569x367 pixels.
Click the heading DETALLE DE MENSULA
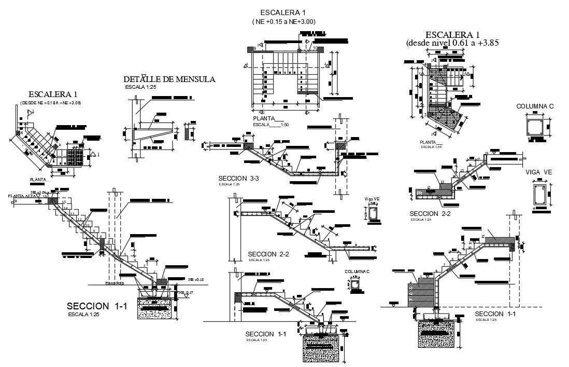[169, 79]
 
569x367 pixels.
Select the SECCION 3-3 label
[238, 179]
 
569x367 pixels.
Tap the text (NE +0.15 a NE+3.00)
[283, 22]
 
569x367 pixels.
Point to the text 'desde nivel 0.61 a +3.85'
[452, 43]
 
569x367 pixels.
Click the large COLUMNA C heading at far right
[535, 106]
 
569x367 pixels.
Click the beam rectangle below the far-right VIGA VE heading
[539, 194]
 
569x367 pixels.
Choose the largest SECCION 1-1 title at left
[97, 306]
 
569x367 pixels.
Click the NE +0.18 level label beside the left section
[196, 279]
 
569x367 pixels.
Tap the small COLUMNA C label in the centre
[357, 271]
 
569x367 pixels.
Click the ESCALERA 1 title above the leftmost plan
[53, 94]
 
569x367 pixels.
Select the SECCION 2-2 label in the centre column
[267, 253]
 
